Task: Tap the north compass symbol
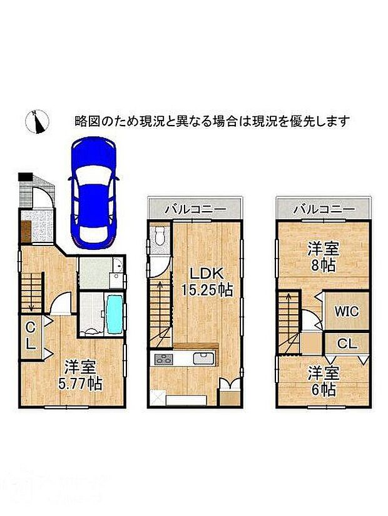point(37,121)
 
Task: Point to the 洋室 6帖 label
point(323,380)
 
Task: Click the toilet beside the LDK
point(159,238)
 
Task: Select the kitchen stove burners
point(164,359)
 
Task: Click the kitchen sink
point(204,359)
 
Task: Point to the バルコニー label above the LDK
point(195,210)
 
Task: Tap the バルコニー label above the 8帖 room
point(323,210)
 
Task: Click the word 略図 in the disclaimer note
point(84,120)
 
